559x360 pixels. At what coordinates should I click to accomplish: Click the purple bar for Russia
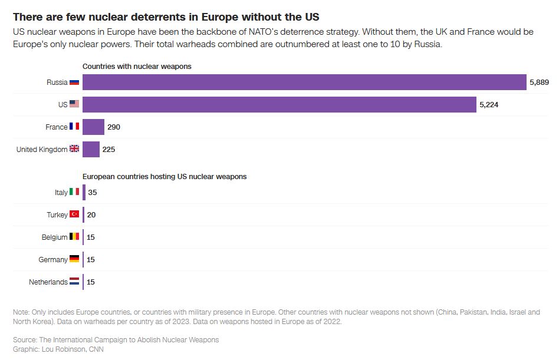(304, 82)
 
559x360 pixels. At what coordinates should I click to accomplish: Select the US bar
(279, 104)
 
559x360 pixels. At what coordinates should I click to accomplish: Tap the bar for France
(93, 127)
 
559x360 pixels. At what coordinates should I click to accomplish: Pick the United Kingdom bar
(91, 149)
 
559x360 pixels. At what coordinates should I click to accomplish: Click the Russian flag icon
(74, 82)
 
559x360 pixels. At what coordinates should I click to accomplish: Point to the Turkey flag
(74, 214)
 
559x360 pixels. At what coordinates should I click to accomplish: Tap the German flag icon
(74, 259)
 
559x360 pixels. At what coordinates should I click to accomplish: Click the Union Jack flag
(74, 149)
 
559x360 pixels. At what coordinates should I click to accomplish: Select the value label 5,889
(539, 82)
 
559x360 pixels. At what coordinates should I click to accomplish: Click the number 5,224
(489, 104)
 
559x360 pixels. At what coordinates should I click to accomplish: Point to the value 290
(114, 127)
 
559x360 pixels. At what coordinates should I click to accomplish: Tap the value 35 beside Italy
(92, 192)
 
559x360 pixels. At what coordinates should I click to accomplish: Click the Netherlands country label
(48, 282)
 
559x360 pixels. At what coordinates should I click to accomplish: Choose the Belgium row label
(54, 237)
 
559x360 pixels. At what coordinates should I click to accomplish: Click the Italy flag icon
(74, 192)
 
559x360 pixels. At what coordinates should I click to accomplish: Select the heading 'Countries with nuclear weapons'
(137, 67)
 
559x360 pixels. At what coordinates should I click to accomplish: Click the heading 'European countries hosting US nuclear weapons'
(165, 176)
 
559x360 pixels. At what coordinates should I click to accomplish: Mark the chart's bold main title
(166, 16)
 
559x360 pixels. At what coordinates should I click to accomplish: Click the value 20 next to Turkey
(91, 214)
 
